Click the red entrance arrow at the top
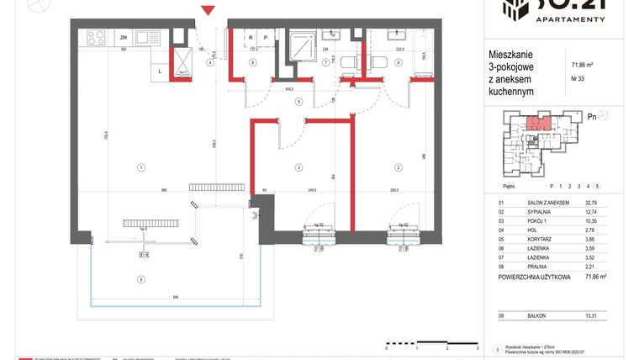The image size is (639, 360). tap(209, 10)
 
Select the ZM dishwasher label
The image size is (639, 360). tap(123, 38)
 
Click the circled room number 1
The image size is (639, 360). tap(140, 168)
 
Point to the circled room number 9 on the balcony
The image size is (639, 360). tap(141, 279)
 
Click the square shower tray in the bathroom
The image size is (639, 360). tap(301, 45)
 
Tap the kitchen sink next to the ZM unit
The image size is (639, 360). tap(149, 37)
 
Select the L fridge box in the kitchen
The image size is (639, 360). tap(160, 71)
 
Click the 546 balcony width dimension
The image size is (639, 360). tap(175, 298)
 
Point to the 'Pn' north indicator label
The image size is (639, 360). tap(592, 117)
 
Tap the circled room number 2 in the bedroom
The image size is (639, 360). tap(393, 168)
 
